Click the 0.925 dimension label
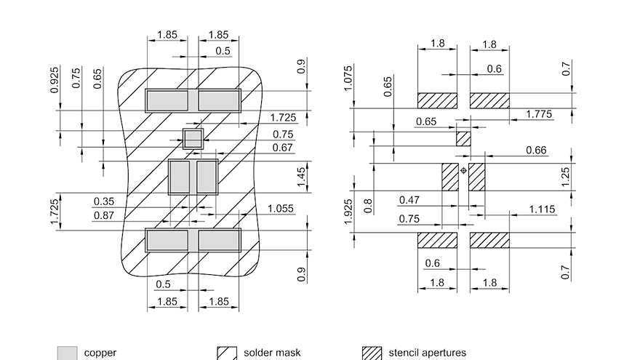pos(55,80)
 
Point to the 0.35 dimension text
pos(105,201)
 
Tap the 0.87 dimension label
pos(105,215)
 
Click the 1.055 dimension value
pos(281,209)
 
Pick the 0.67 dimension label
pos(283,148)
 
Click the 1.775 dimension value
pos(538,114)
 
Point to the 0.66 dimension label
pos(536,151)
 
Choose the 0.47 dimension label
pos(410,200)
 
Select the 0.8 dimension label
pos(368,205)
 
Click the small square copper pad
pos(192,138)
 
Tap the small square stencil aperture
pos(463,138)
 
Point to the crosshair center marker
pos(463,171)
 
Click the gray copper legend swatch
pos(67,353)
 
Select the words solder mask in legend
pos(271,353)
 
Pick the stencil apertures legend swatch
pos(372,353)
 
